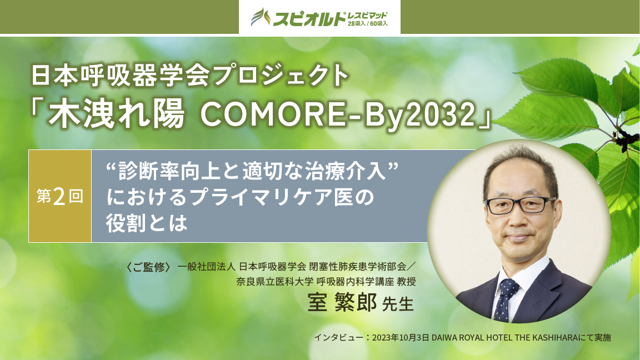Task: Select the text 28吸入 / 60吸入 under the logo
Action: (x=368, y=24)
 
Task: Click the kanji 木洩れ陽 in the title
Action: (x=116, y=115)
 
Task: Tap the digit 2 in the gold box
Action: (x=59, y=197)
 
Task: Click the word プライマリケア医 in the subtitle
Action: (x=266, y=197)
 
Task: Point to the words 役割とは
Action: (x=147, y=223)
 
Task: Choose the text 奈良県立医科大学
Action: (x=274, y=281)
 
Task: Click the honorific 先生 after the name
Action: (x=398, y=304)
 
